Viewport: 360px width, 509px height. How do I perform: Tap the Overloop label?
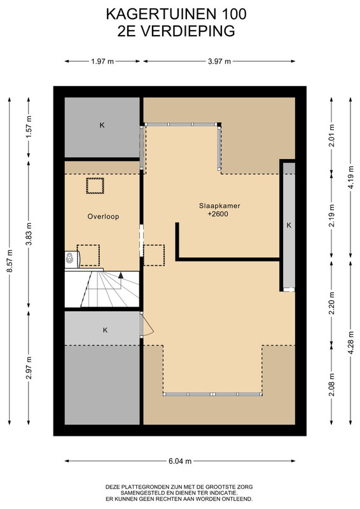pos(103,216)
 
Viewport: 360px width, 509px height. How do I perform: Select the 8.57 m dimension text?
pos(10,261)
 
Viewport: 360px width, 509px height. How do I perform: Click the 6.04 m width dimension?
pos(180,461)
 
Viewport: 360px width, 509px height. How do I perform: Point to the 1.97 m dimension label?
pos(102,61)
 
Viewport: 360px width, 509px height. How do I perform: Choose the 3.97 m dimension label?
pos(219,61)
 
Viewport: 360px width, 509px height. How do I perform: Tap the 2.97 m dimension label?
pos(29,368)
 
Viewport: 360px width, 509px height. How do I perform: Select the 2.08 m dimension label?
pos(332,385)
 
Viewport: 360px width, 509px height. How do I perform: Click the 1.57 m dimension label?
pos(29,127)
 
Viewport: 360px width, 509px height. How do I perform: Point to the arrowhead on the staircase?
pos(121,275)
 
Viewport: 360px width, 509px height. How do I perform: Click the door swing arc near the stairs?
pos(149,325)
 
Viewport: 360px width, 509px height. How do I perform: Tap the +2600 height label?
pos(218,214)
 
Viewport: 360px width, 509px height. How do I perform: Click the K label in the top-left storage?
pos(102,125)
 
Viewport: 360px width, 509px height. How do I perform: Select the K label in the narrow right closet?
pos(289,225)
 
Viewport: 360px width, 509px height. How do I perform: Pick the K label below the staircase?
pos(105,330)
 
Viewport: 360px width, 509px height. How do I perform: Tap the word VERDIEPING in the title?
pos(188,31)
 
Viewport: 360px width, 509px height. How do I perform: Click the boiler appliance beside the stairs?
pos(72,259)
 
